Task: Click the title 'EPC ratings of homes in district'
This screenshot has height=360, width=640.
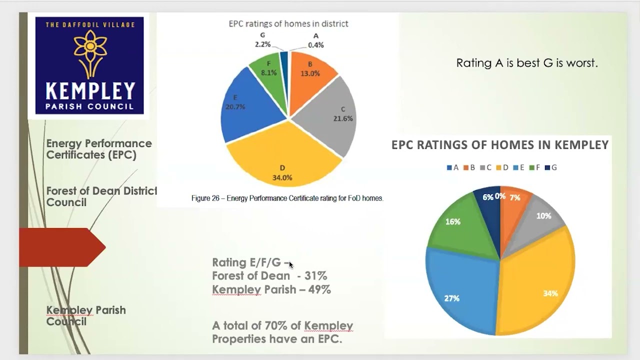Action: click(x=288, y=23)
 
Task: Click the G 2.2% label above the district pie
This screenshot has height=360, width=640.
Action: click(x=262, y=40)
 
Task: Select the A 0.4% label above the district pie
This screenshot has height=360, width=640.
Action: click(x=315, y=40)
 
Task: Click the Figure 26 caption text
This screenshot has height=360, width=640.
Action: click(x=287, y=198)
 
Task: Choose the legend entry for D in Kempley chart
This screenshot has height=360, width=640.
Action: click(x=502, y=168)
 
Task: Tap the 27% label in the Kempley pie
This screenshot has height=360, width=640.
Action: click(x=451, y=298)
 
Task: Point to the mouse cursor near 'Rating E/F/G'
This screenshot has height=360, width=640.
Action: click(x=290, y=264)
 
